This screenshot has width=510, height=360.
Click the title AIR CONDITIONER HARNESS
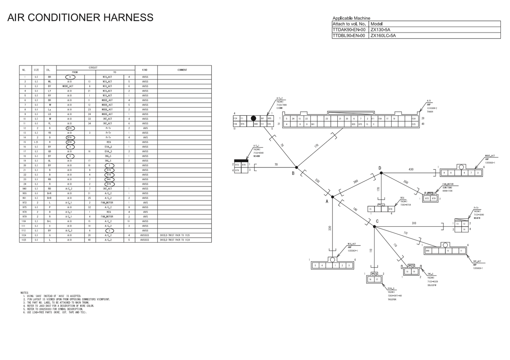point(80,17)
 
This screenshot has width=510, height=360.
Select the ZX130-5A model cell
point(380,30)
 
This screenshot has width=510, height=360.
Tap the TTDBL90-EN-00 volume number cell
point(349,36)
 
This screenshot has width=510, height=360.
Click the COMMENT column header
point(182,70)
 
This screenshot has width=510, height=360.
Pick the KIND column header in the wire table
point(145,70)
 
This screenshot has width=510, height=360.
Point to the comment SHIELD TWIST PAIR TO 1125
point(175,235)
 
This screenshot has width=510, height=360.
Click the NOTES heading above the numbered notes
point(24,293)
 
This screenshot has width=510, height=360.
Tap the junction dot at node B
point(297,167)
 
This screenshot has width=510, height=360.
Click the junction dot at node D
point(381,173)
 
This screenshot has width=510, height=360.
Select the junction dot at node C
point(374,226)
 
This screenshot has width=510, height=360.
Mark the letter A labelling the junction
point(327,201)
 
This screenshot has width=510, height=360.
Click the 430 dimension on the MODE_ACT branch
point(411,170)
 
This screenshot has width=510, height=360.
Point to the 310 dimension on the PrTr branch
point(414,223)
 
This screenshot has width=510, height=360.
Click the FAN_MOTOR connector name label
point(448,184)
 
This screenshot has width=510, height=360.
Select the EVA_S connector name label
point(391,288)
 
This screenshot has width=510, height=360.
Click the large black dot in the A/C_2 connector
point(253,118)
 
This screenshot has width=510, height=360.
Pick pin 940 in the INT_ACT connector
point(427,251)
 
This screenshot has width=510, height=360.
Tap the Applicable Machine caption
point(351,18)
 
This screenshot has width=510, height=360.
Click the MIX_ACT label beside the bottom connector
point(352,244)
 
